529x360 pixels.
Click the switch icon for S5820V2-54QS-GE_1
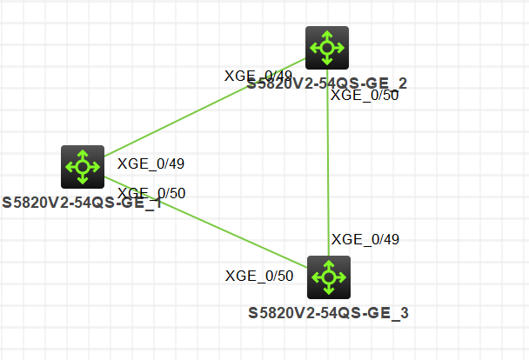click(x=82, y=166)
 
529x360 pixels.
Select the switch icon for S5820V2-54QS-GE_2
click(x=327, y=47)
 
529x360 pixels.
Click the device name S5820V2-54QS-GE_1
click(x=82, y=203)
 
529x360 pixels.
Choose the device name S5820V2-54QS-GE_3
click(x=328, y=313)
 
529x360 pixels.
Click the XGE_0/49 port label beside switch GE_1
click(x=151, y=163)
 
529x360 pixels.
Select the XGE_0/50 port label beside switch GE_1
click(x=151, y=193)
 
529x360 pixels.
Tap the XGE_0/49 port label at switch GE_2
click(x=258, y=76)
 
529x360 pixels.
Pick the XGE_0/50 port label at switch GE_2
click(x=365, y=96)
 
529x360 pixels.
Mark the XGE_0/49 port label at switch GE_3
click(x=365, y=239)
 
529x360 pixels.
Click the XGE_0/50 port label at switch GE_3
click(x=259, y=277)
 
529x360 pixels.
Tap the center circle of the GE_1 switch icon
click(x=82, y=166)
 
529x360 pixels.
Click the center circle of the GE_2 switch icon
click(x=327, y=47)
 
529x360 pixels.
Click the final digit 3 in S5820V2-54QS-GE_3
click(x=404, y=313)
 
